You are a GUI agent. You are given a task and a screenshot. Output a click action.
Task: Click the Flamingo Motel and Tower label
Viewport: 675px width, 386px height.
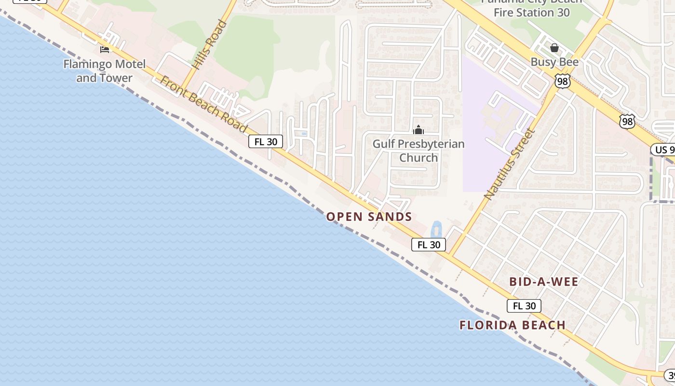[104, 71]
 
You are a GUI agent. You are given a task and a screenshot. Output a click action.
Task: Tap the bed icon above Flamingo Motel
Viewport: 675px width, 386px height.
[104, 49]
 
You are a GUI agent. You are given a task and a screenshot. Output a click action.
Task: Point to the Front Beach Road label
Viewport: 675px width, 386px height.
[203, 105]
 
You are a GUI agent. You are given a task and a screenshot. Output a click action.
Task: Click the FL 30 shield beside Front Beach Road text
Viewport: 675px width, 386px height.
[265, 141]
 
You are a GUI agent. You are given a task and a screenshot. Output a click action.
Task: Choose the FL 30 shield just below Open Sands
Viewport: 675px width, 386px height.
[428, 245]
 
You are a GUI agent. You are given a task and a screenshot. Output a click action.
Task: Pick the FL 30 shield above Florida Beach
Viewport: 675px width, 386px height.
[524, 306]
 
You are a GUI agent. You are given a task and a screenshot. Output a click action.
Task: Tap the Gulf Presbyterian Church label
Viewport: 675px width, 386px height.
[418, 151]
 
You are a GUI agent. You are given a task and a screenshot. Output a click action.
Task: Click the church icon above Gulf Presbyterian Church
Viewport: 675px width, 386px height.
[418, 130]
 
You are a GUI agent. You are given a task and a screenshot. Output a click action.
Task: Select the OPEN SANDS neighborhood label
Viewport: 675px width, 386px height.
[369, 217]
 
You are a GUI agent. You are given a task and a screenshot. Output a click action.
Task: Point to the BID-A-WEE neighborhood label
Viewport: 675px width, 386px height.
[543, 282]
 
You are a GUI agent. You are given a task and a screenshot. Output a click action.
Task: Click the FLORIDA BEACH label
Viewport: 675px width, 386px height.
[513, 325]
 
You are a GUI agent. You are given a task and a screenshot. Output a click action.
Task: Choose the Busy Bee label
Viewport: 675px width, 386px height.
[554, 62]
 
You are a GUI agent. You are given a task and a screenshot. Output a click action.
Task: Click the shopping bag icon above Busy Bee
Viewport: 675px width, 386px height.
[554, 48]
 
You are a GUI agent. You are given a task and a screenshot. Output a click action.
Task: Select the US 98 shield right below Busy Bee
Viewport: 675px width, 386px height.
[562, 81]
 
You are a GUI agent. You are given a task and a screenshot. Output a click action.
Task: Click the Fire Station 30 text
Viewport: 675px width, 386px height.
[532, 12]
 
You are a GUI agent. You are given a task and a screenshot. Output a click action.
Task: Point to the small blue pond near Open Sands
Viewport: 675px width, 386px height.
[436, 229]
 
